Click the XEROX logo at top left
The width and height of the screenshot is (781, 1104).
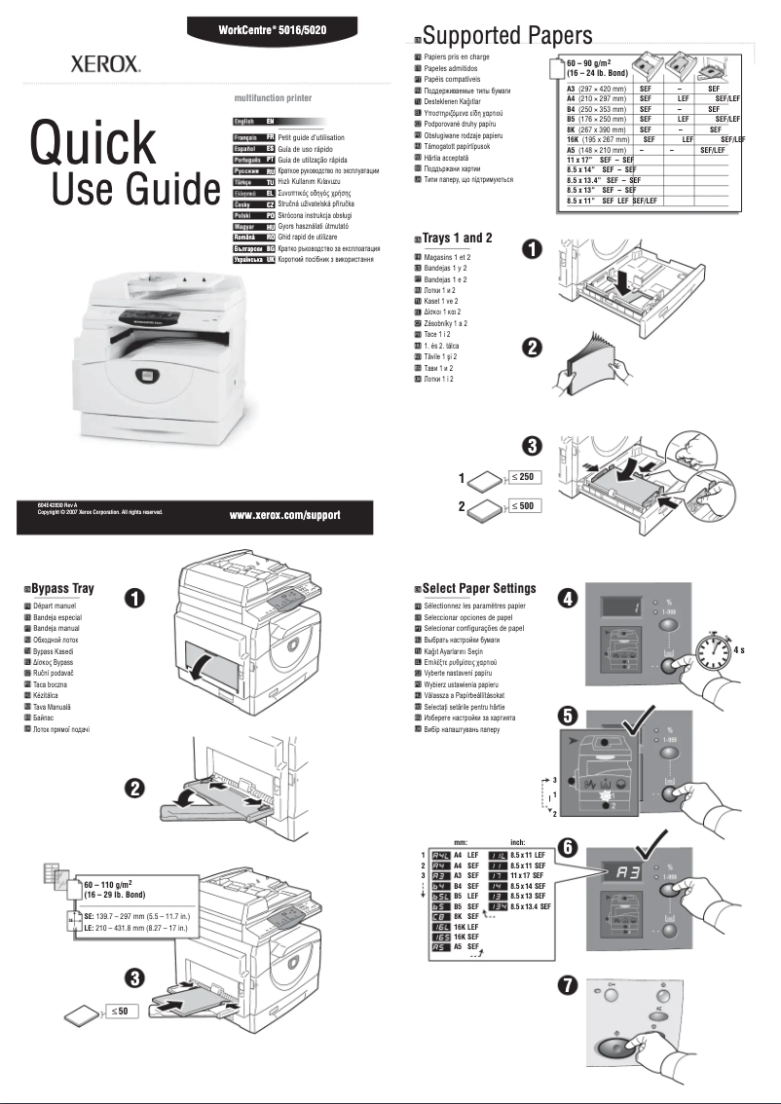pyautogui.click(x=105, y=65)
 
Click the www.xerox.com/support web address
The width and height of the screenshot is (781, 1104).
pyautogui.click(x=284, y=514)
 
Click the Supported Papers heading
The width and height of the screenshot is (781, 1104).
pyautogui.click(x=506, y=37)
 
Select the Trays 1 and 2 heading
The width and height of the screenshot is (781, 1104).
pyautogui.click(x=457, y=238)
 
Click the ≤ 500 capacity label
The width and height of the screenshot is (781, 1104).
pyautogui.click(x=524, y=506)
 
